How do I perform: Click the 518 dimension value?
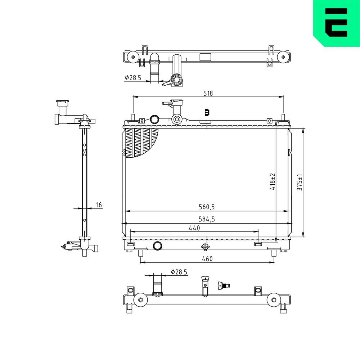coord(208,93)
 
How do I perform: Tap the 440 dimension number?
coord(194,228)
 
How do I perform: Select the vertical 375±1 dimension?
coord(300,183)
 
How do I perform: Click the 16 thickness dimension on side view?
coord(99,205)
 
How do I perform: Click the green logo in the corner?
coord(336,23)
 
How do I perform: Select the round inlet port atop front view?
coord(154,119)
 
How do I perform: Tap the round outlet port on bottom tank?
coord(158,246)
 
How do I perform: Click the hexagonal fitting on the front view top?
coord(176,120)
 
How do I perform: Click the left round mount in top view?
coord(132,57)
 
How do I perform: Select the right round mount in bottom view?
coord(274,300)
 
